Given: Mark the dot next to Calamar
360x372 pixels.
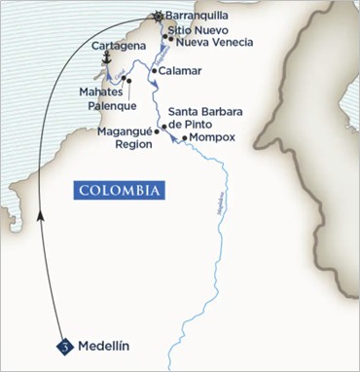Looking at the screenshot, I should (x=153, y=71).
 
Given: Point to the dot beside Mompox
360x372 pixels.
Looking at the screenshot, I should (x=183, y=138).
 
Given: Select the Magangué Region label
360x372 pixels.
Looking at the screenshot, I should (x=126, y=136).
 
